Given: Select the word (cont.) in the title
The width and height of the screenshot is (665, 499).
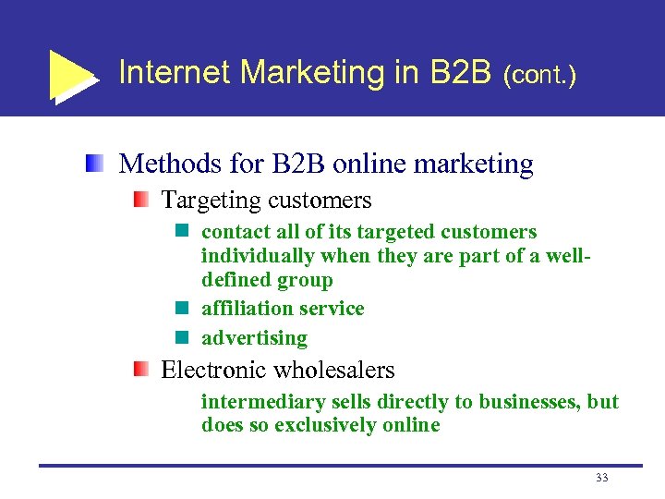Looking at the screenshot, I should [x=540, y=75].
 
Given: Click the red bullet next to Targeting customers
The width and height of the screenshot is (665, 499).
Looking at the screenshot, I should [x=139, y=200].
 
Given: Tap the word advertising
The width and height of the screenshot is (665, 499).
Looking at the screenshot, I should [x=254, y=338].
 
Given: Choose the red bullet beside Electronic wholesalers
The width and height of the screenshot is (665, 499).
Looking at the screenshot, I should [x=139, y=371].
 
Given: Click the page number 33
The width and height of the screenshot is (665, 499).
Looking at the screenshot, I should [x=602, y=479].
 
